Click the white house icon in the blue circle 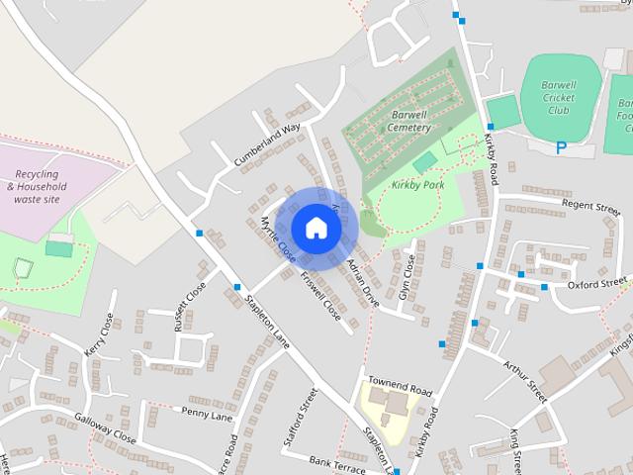pos(316,227)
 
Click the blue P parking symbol pos(561,148)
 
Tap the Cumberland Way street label pos(266,144)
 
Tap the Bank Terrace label pos(336,461)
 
